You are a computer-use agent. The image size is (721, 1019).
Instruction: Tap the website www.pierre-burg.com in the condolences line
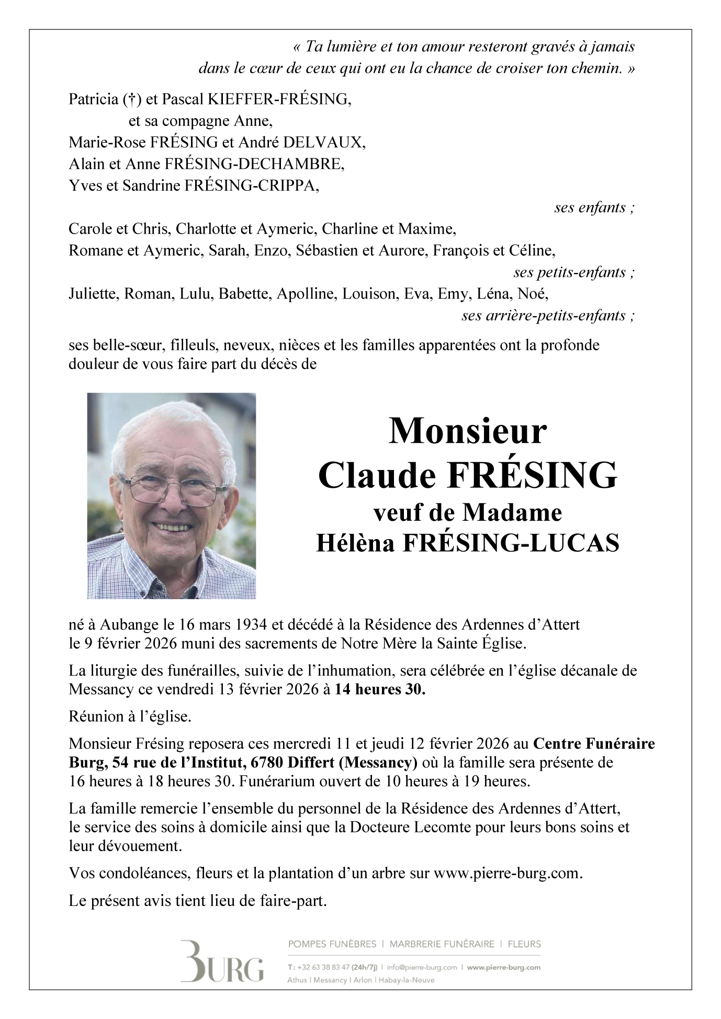507,873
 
